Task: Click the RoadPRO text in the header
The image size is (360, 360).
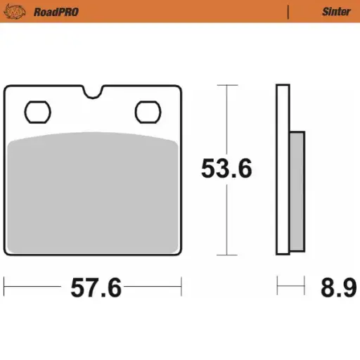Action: coord(57,11)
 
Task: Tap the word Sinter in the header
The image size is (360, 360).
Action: coord(336,11)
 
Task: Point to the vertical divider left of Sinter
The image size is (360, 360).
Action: coord(288,11)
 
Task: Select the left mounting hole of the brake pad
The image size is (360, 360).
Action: coord(37,110)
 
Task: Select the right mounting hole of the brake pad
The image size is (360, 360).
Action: coord(147,110)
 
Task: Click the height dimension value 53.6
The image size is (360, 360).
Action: coord(226,169)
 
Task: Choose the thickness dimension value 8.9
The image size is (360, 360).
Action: coord(338,288)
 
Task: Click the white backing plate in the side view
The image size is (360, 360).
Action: coord(283,169)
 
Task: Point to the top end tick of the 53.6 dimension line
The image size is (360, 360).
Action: coord(226,85)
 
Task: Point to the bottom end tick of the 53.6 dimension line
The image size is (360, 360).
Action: coord(226,255)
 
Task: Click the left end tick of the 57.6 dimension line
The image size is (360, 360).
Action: coord(4,287)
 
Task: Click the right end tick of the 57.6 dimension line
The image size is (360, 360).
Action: coord(181,287)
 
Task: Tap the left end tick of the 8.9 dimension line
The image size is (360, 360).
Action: coord(277,287)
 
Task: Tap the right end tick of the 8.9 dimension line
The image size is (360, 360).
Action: coord(304,287)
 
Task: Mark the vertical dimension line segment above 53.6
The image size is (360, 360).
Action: coord(226,120)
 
